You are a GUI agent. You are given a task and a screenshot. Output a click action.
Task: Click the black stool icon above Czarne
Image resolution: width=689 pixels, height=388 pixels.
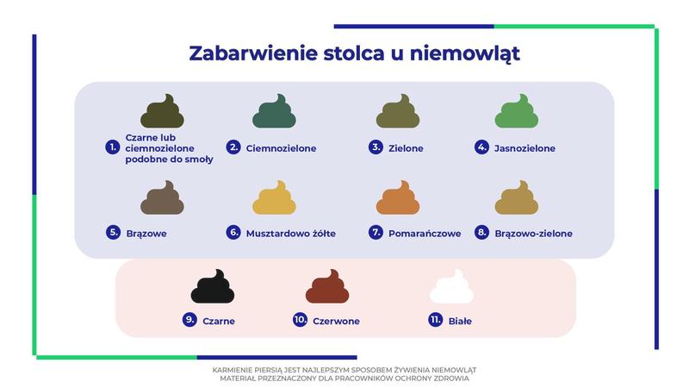(212, 287)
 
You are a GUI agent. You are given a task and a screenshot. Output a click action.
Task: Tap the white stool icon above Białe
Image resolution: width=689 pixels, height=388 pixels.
(451, 287)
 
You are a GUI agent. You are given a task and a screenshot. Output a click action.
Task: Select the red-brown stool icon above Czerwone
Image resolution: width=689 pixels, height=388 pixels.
(327, 287)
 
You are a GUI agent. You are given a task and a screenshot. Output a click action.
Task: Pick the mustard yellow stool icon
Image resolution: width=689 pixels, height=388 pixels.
(275, 198)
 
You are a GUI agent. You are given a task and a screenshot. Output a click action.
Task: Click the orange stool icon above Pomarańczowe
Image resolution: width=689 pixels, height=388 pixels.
(398, 198)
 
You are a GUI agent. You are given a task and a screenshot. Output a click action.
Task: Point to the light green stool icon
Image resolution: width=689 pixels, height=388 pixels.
(517, 113)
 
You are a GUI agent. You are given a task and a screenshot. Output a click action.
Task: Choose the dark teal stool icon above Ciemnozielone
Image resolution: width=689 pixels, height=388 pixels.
(274, 113)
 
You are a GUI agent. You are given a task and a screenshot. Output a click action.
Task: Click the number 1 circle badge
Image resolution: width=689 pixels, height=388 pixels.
(112, 147)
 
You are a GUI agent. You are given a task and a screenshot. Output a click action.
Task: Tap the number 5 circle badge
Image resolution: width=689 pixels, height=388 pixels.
(113, 232)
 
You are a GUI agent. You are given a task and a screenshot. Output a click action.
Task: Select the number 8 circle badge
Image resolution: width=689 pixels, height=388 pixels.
(482, 232)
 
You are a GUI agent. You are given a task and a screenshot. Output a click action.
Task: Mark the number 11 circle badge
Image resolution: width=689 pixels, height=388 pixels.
(436, 320)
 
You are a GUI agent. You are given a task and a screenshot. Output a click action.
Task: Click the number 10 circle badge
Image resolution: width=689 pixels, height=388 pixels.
(301, 320)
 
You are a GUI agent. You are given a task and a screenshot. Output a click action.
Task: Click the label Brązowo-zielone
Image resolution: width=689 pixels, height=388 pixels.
(534, 234)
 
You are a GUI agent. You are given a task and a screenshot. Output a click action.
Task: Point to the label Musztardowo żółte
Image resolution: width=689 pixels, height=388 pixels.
(291, 234)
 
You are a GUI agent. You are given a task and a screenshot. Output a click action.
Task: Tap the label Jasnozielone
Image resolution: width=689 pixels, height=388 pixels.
(525, 148)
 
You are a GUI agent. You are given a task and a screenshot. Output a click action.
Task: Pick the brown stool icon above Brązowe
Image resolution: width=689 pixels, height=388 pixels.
(163, 198)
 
